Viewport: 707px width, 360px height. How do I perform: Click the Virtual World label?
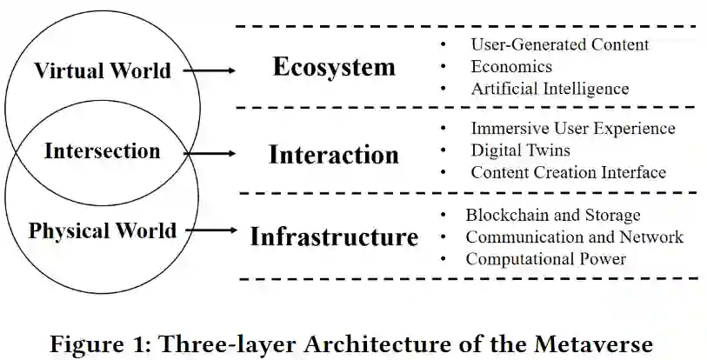[x=103, y=70]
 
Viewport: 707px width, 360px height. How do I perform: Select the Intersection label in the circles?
[x=103, y=151]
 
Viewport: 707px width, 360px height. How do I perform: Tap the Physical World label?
[x=103, y=231]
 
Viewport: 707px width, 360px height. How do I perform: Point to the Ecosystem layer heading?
[x=334, y=67]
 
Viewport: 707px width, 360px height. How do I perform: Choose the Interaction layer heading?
[x=334, y=155]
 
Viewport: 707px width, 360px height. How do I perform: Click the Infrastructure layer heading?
[x=334, y=237]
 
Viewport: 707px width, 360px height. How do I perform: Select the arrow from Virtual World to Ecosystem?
[x=210, y=70]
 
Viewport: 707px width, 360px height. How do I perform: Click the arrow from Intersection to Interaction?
[x=210, y=153]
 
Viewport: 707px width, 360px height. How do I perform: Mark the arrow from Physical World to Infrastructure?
[x=211, y=230]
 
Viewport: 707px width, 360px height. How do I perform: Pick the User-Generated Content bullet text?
[x=559, y=43]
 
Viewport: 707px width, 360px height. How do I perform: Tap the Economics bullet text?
[x=511, y=66]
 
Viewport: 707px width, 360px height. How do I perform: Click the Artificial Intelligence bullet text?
[x=550, y=89]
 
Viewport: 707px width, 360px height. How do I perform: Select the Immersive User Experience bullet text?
[x=573, y=129]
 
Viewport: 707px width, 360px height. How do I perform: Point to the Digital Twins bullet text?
[x=521, y=150]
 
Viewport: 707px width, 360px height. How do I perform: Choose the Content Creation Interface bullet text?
[x=568, y=172]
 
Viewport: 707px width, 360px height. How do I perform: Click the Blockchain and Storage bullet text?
[x=552, y=215]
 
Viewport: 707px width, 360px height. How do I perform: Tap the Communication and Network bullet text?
[x=574, y=237]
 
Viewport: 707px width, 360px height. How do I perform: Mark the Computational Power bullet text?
[x=545, y=258]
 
